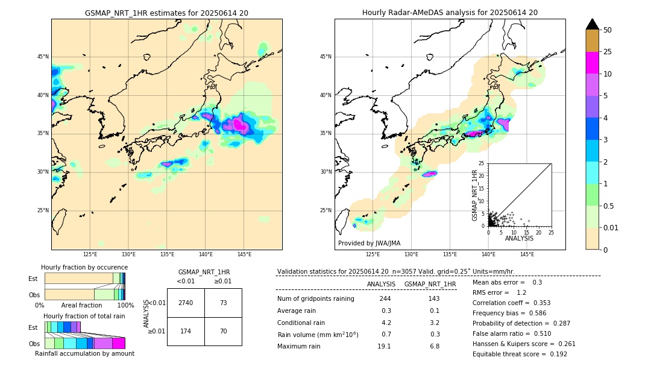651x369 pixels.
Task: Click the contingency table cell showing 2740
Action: pos(186,303)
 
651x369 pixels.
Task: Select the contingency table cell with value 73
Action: pos(223,303)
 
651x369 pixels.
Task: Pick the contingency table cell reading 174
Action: pos(186,332)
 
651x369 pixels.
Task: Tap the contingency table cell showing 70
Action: pos(223,332)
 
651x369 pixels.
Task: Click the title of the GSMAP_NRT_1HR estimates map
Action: pos(166,13)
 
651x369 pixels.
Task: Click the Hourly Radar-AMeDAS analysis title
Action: pos(450,13)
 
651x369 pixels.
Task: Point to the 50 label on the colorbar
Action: pos(608,30)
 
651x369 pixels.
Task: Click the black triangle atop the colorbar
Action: pos(593,24)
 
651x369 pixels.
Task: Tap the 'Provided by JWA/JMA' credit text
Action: pos(369,243)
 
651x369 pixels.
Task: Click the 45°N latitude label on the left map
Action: pos(43,57)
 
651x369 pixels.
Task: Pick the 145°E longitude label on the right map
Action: pos(527,254)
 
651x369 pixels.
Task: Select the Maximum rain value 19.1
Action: pos(385,346)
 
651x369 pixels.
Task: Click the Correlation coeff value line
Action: pos(511,303)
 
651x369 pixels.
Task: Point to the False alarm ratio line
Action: pos(511,333)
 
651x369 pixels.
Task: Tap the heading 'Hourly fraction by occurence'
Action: pos(84,267)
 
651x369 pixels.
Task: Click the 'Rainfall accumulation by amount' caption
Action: pos(84,353)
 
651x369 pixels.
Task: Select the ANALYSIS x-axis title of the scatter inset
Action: pos(519,238)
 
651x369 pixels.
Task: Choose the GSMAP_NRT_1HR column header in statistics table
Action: pos(430,284)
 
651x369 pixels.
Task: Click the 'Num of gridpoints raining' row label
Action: pos(316,298)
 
